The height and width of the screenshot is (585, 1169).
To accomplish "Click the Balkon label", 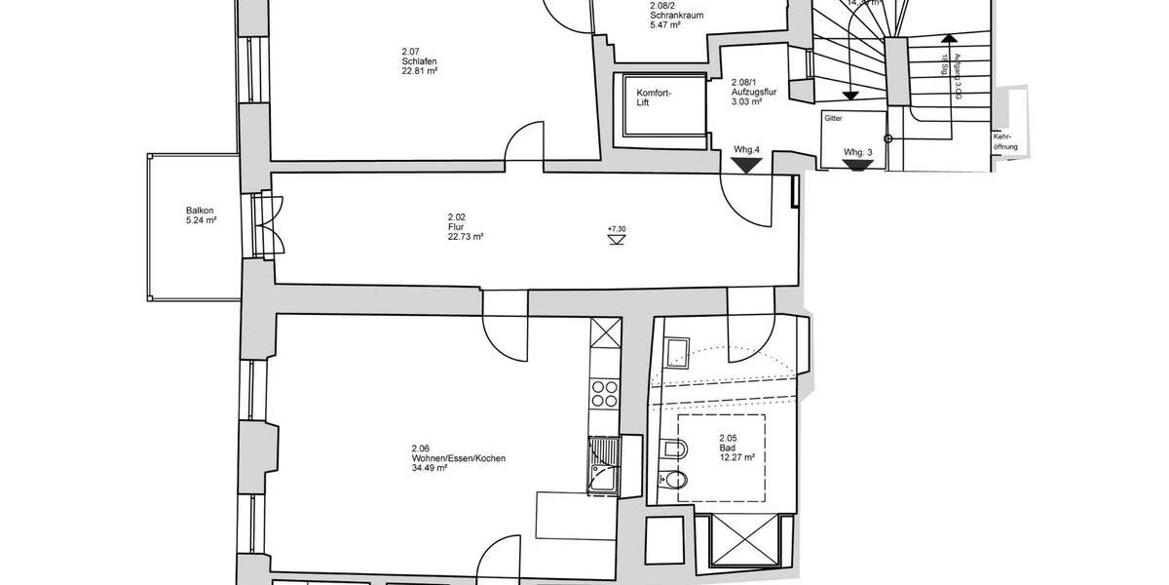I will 200,210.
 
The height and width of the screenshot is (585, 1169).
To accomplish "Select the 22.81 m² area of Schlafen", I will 418,71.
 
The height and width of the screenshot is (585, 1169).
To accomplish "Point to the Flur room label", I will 456,226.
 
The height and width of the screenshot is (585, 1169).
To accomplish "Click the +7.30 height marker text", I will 616,229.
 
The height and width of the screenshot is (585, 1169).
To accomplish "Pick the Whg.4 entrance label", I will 746,149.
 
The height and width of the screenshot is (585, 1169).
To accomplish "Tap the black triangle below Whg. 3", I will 857,166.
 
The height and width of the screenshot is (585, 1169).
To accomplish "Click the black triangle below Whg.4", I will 747,166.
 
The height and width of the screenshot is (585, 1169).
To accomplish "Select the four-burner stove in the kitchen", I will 605,392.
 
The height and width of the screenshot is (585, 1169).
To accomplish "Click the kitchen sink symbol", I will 605,467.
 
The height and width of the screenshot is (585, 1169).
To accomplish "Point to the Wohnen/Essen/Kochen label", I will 458,458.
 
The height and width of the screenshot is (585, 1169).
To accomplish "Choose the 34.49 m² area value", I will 429,468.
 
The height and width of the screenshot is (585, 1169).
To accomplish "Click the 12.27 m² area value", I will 737,457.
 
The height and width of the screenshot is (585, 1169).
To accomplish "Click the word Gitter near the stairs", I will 833,118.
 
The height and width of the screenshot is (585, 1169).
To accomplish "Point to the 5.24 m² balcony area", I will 200,220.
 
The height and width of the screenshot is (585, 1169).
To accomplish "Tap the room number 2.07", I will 409,52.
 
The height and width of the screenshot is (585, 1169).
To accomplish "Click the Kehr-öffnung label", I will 1005,141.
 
